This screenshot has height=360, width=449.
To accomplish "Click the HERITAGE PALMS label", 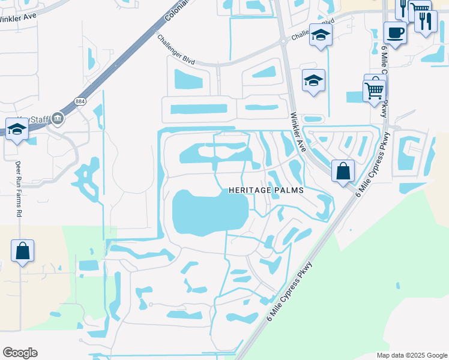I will click(266, 190).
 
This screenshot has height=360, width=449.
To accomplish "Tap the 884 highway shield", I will click(80, 101).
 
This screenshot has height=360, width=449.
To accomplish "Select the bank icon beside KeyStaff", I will click(58, 118).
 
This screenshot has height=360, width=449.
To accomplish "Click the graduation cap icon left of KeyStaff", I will click(17, 129).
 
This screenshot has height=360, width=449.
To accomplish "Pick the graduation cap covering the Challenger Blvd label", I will click(321, 35).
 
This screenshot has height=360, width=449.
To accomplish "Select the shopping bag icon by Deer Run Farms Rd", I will click(22, 251).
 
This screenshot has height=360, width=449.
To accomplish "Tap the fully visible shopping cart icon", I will click(374, 91).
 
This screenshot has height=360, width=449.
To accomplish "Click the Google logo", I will click(20, 353).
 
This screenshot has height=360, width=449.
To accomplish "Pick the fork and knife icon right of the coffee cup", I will click(425, 22).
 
